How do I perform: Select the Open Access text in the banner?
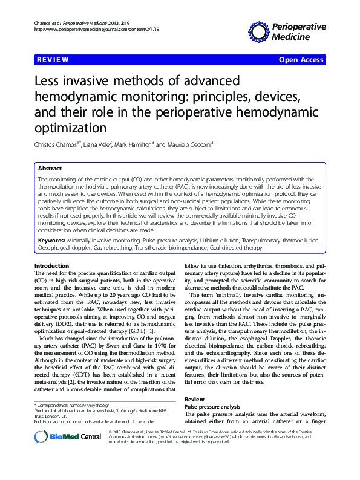point(301,59)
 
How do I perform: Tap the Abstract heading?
point(50,169)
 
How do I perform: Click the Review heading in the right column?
point(194,400)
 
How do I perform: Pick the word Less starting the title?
point(49,81)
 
